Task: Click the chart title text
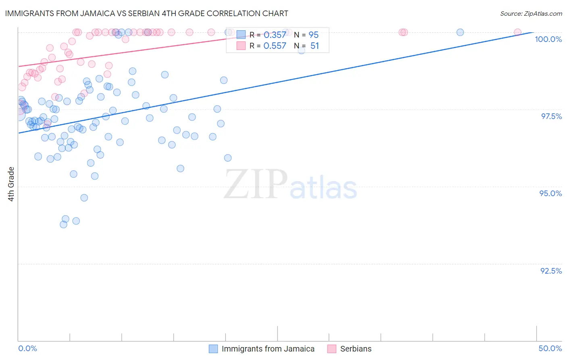(x=146, y=13)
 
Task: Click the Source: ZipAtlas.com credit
(x=531, y=13)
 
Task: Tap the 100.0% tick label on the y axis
(x=548, y=39)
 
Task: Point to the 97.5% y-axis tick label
(x=551, y=116)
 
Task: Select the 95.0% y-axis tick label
(x=550, y=193)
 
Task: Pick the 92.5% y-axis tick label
(x=551, y=271)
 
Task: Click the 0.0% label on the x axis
(x=27, y=348)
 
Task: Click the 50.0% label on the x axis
(x=550, y=348)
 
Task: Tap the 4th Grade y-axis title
(x=11, y=184)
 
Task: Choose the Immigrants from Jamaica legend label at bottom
(x=268, y=349)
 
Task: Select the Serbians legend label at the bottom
(x=356, y=349)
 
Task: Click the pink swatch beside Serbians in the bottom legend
(x=331, y=349)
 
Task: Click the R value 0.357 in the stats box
(x=275, y=35)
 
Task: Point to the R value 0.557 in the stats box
(x=275, y=46)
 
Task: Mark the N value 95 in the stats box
(x=313, y=35)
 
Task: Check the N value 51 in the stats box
(x=315, y=46)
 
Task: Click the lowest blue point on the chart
(x=63, y=224)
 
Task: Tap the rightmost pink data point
(x=517, y=32)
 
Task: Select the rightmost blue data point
(x=460, y=32)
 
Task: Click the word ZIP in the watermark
(x=255, y=184)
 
